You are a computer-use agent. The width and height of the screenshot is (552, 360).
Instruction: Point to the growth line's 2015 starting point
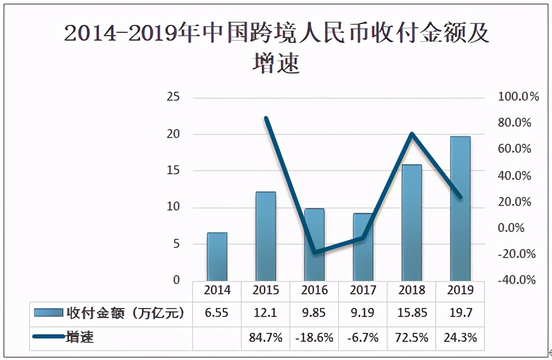(x=266, y=118)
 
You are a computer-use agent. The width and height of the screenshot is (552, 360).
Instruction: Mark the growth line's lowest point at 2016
(x=314, y=252)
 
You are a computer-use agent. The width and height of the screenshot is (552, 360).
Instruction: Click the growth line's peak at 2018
(x=412, y=134)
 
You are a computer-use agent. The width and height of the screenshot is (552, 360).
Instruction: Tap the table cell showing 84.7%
(x=266, y=338)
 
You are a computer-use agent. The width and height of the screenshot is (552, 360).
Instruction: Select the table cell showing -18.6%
(x=314, y=338)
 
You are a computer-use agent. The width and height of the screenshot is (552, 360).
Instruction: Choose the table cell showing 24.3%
(x=460, y=338)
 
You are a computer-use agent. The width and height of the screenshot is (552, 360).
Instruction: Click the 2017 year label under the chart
(x=363, y=290)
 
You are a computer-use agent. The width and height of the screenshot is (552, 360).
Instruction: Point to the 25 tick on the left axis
(x=174, y=97)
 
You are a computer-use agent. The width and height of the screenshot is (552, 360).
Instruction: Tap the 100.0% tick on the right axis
(x=517, y=97)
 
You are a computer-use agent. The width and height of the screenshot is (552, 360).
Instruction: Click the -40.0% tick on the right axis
(x=517, y=280)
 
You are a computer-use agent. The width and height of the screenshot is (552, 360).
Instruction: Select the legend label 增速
(x=80, y=338)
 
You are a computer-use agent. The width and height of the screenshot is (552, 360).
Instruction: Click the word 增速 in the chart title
(x=275, y=63)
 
